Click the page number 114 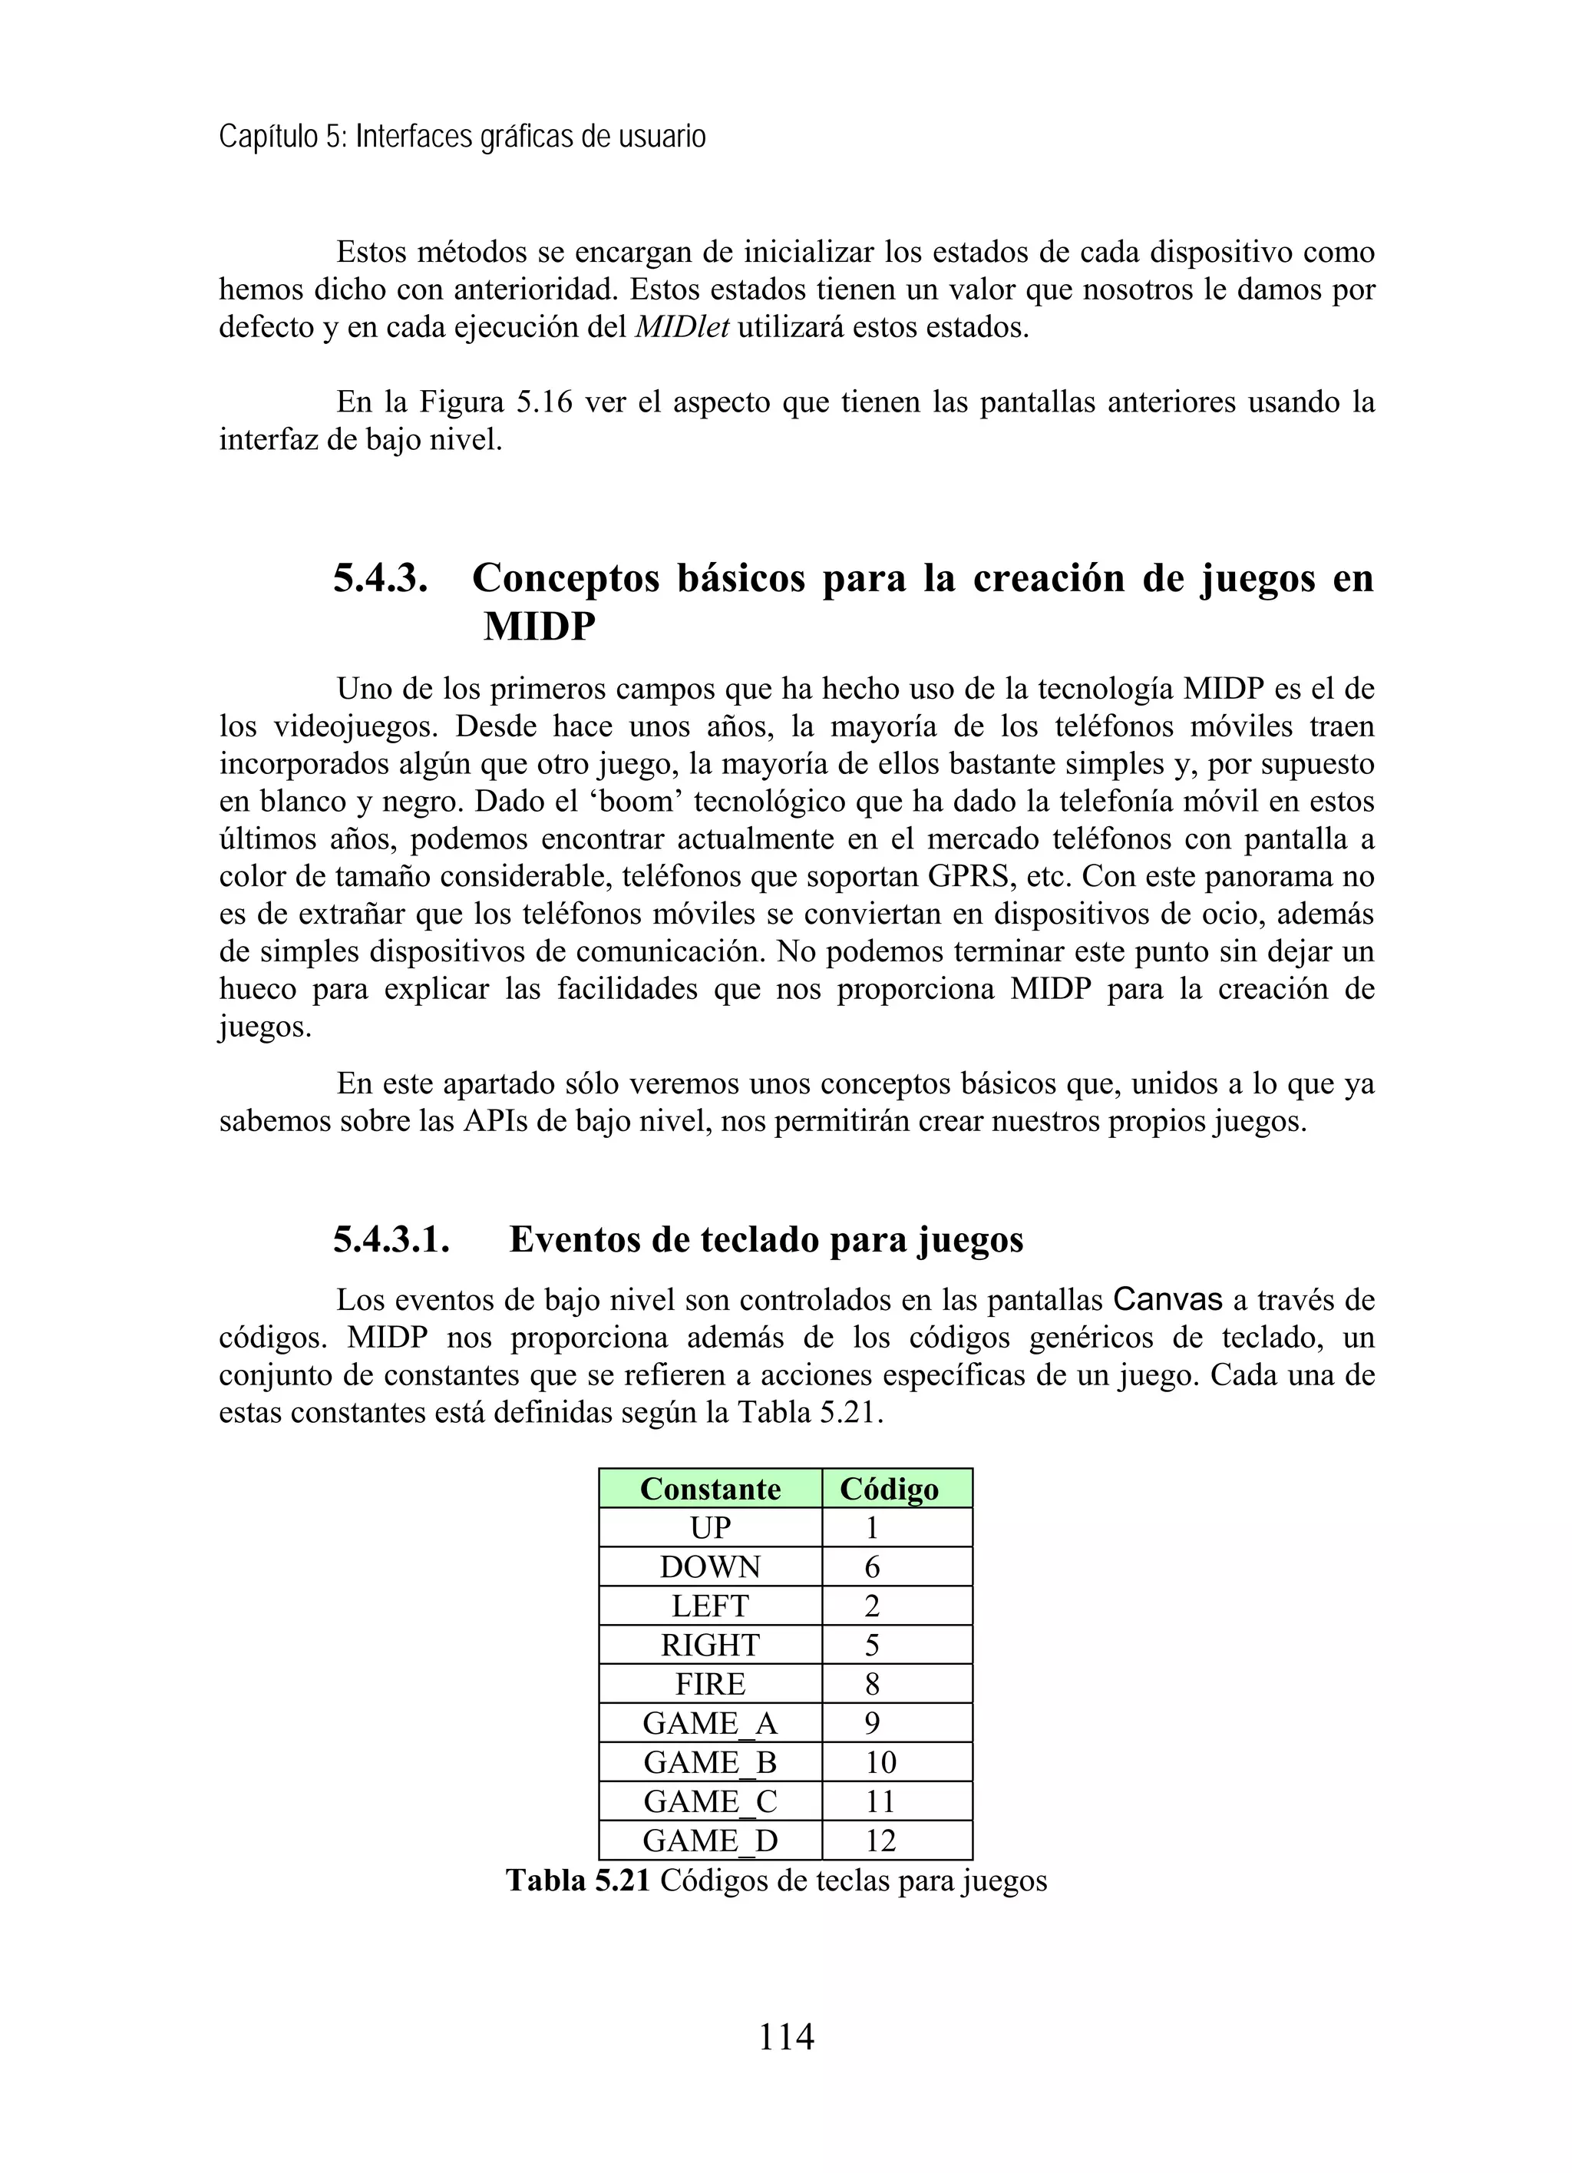(x=785, y=2036)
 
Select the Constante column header (x=710, y=1489)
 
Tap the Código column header (x=889, y=1489)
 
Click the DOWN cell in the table (x=710, y=1567)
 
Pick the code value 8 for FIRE (x=872, y=1685)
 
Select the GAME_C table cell (x=710, y=1801)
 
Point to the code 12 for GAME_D (x=880, y=1841)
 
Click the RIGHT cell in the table (x=710, y=1645)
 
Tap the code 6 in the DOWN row (x=872, y=1567)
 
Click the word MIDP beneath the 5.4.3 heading (x=540, y=627)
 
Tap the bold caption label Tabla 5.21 (x=578, y=1880)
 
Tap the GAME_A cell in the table (x=710, y=1724)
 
